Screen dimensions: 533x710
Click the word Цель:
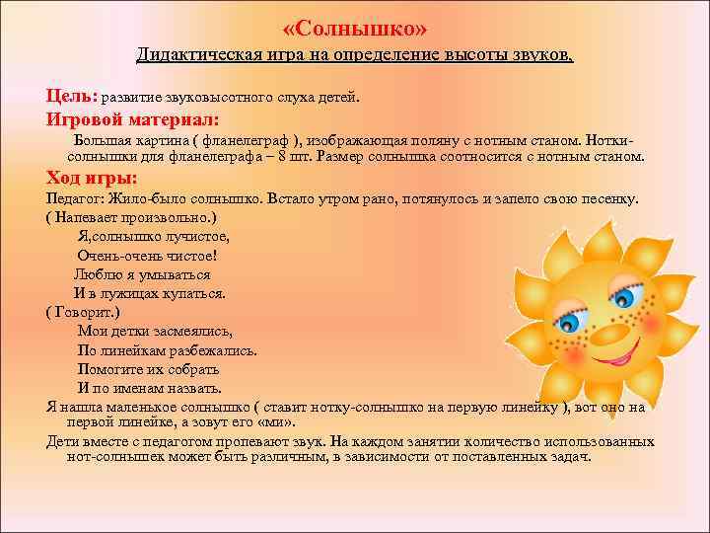pos(70,97)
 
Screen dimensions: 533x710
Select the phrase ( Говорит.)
pos(82,311)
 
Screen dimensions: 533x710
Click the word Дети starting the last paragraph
pos(63,440)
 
